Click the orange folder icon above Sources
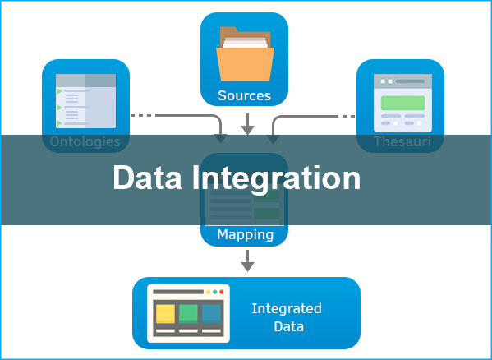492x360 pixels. coord(245,54)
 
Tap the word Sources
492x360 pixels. coord(245,95)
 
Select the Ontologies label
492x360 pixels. coord(85,142)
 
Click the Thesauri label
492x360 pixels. coord(402,142)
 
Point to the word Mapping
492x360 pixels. coord(245,235)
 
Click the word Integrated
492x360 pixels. coord(287,309)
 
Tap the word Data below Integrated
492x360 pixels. coord(288,326)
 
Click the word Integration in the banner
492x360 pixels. coord(276,178)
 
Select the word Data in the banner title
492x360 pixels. coord(147,178)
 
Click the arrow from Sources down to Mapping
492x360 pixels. coord(247,124)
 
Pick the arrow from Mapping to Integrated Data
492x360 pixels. coord(247,261)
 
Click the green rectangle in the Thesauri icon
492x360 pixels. coord(403,103)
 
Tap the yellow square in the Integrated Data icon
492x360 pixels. coord(165,313)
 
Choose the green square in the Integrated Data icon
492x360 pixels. coord(188,313)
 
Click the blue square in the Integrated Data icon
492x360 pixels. coord(211,313)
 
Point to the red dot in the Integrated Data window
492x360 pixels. coord(222,292)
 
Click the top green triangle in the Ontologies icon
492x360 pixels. coord(59,91)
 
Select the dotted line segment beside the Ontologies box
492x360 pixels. coord(142,116)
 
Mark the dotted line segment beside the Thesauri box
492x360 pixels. coord(347,116)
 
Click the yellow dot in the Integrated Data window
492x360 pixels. coord(208,292)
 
